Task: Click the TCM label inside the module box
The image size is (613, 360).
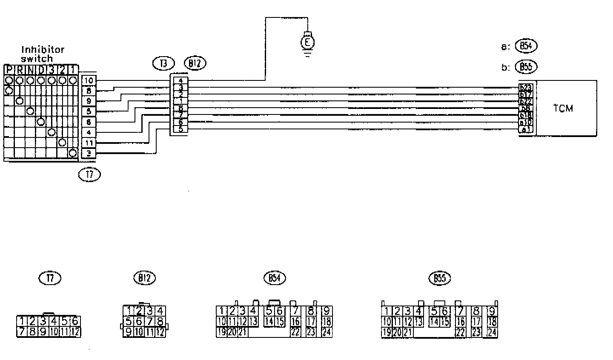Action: (563, 108)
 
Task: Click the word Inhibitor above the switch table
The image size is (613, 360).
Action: (43, 50)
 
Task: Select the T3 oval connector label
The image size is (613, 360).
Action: (163, 63)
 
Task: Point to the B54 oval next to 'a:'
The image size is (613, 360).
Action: (526, 46)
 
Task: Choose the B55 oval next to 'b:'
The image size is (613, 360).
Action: (526, 67)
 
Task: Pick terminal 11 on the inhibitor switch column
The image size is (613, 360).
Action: (89, 143)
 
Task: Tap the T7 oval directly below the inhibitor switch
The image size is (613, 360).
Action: (90, 174)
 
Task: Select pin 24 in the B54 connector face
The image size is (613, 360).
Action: (327, 332)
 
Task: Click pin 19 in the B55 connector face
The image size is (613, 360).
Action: (386, 332)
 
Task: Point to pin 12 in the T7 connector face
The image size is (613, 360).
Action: (75, 331)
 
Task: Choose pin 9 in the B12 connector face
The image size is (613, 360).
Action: (128, 332)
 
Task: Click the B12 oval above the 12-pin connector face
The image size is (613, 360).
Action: (144, 278)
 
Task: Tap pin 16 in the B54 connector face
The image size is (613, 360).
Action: (295, 322)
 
